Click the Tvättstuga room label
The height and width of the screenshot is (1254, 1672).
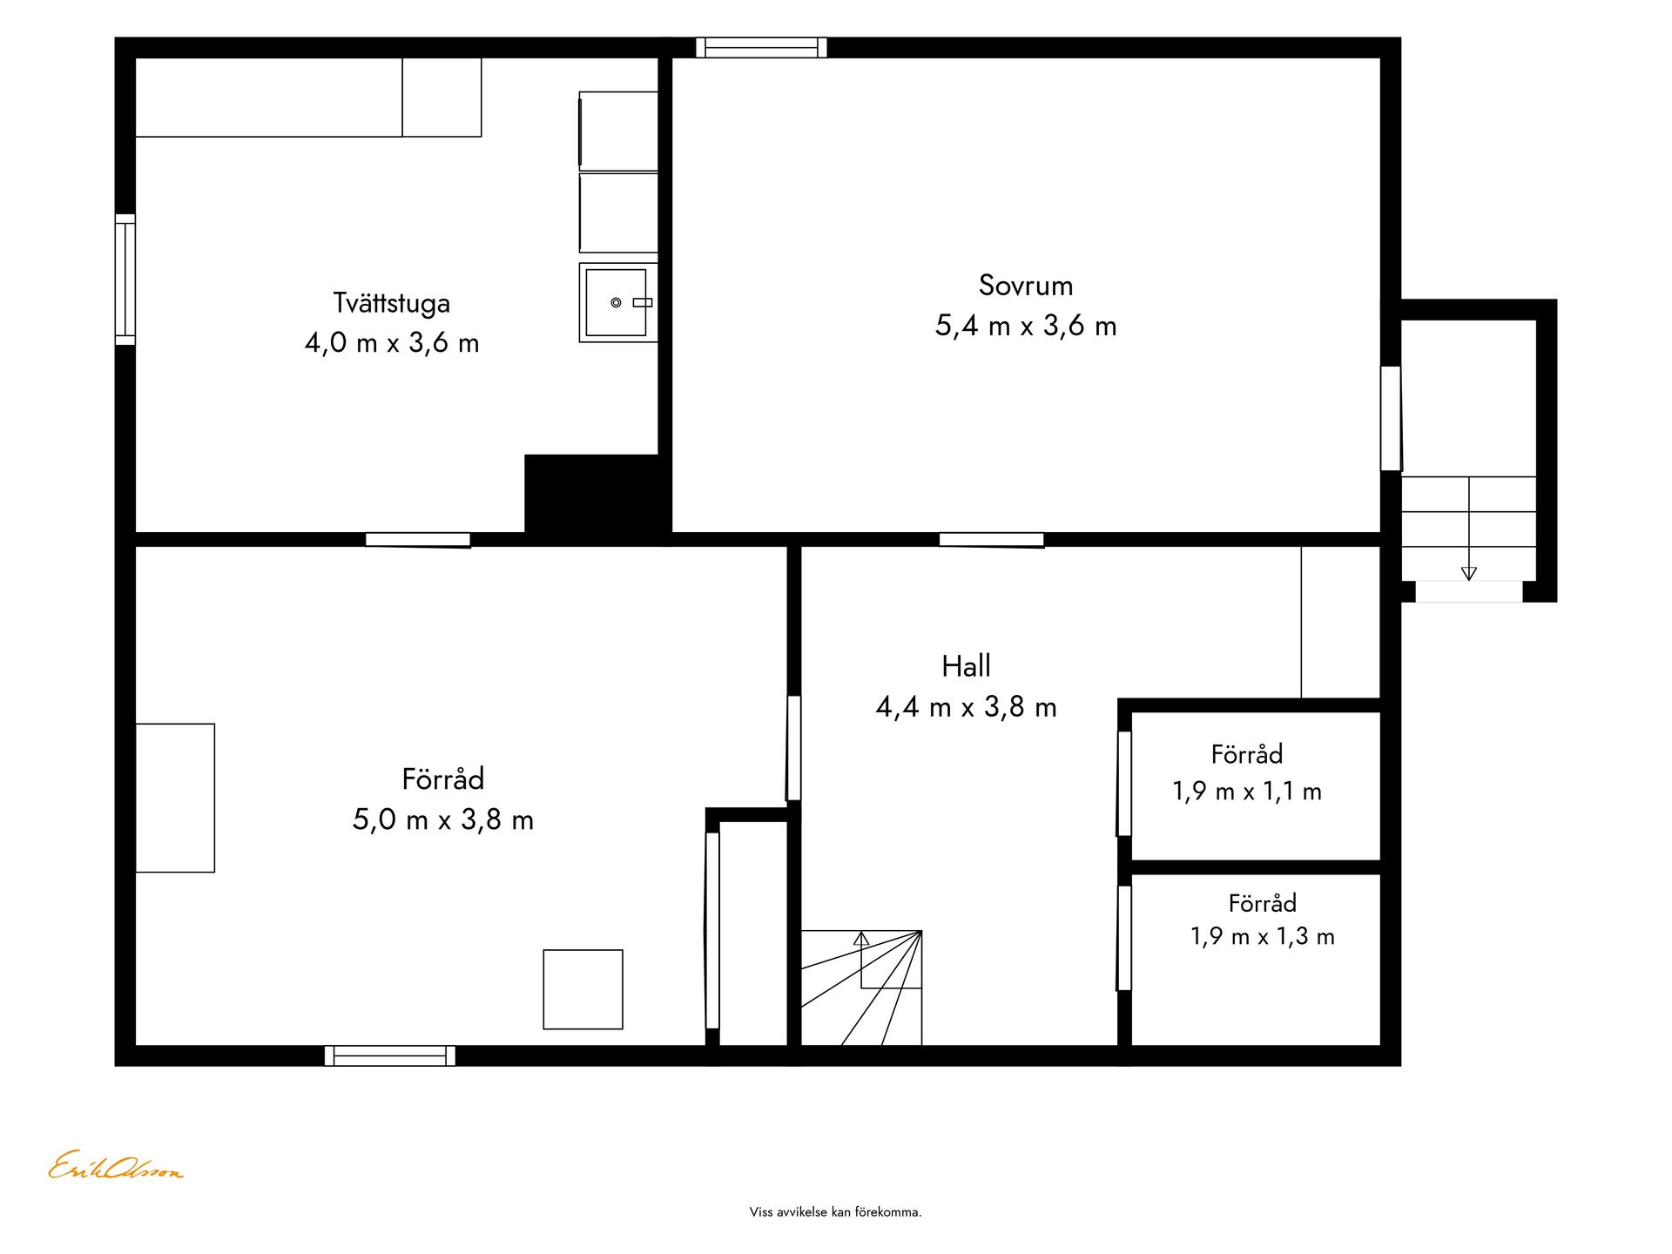[391, 303]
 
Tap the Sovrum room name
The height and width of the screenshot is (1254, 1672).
[1025, 285]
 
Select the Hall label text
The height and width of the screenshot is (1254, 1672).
[966, 666]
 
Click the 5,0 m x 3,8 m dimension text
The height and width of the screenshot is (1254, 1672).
[442, 819]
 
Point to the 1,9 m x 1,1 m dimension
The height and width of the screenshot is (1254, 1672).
[1247, 792]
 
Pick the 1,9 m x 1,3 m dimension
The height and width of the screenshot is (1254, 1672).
[1262, 936]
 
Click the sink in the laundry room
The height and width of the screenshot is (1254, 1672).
[618, 302]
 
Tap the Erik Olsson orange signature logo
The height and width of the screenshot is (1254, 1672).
[115, 1166]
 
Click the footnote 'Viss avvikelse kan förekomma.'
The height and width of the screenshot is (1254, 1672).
[835, 1211]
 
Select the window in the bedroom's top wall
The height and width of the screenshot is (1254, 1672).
[761, 47]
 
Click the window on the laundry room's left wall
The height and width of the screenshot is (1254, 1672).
[125, 280]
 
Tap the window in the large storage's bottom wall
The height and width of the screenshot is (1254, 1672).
[390, 1055]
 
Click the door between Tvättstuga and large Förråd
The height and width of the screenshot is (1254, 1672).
[418, 540]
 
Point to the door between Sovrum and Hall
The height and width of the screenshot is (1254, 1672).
[992, 540]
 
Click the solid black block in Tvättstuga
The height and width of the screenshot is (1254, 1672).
[597, 494]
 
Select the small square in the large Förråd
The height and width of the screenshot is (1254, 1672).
[583, 989]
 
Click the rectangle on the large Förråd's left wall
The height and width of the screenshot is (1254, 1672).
[175, 798]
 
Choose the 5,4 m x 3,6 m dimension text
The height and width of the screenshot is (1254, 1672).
[1025, 326]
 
